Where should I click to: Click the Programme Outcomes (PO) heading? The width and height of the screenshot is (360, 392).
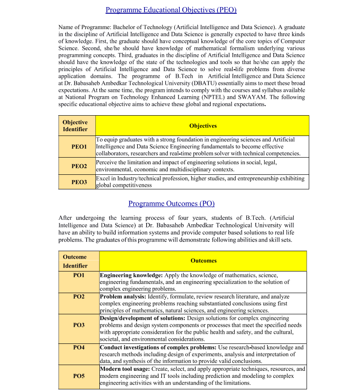(171, 204)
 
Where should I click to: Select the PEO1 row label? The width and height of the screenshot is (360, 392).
(80, 147)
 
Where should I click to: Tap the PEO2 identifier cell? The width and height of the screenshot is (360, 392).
(80, 166)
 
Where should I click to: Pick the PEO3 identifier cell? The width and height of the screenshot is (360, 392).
(80, 182)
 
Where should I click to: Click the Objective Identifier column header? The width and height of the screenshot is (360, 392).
(75, 126)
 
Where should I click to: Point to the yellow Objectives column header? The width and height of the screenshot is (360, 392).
(203, 126)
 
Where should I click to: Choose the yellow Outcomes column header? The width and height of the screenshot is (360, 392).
(204, 261)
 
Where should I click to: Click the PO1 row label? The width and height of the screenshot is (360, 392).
(79, 275)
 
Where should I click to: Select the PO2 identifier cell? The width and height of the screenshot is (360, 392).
(79, 297)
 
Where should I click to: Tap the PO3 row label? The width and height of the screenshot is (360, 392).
(79, 325)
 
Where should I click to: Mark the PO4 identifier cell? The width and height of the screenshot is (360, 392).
(79, 347)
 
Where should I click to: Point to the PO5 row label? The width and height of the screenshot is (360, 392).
(79, 376)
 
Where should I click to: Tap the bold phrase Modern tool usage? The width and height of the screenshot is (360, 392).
(125, 369)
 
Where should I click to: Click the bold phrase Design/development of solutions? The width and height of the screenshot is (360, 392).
(143, 318)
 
